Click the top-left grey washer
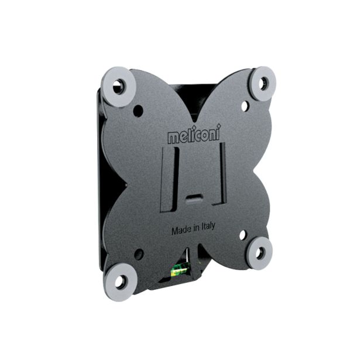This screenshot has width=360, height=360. pyautogui.click(x=119, y=86)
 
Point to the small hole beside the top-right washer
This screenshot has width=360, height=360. pyautogui.click(x=245, y=106)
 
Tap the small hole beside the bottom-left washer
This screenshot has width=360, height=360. pyautogui.click(x=139, y=255)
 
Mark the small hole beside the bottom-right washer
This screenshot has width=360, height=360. pyautogui.click(x=242, y=234)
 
